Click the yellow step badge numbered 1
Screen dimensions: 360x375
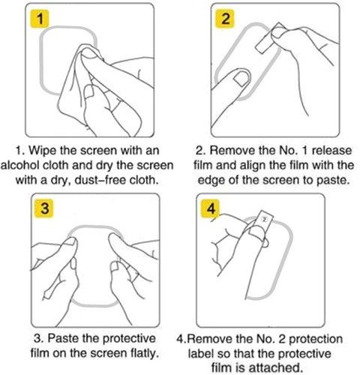[40, 19]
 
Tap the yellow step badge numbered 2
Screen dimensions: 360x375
[225, 19]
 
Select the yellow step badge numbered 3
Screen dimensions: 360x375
[44, 208]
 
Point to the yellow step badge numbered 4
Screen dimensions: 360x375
[211, 208]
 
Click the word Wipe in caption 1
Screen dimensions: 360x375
[43, 151]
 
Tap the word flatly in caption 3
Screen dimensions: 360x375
[145, 353]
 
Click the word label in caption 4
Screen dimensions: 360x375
[200, 353]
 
